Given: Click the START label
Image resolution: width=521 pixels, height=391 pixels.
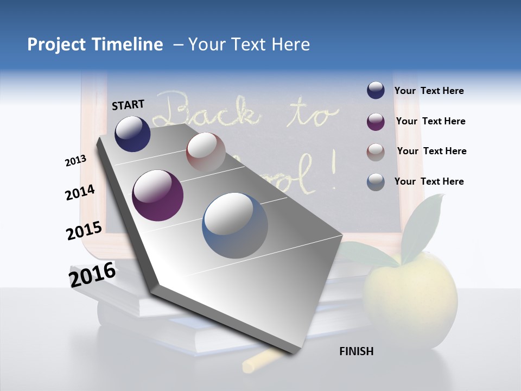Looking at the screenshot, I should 128,105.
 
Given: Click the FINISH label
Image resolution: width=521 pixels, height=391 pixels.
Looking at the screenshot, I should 356,351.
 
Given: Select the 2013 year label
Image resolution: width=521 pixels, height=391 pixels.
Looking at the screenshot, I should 75,160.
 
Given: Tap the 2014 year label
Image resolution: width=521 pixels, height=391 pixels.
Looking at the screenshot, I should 80,192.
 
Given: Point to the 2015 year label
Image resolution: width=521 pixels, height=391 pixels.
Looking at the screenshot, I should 84,231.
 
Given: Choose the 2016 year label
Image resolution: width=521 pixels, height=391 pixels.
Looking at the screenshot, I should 92,274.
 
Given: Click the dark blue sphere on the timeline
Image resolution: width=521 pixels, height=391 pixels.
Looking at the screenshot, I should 132,134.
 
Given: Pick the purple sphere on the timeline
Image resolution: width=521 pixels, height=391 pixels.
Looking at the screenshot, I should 157,195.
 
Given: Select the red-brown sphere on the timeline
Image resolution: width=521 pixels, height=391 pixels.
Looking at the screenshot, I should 206,152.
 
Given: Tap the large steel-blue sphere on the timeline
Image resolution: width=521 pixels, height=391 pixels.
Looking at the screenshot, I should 235,225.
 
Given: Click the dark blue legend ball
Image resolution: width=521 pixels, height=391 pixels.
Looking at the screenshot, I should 376,91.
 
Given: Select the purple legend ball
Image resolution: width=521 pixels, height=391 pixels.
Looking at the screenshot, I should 376,122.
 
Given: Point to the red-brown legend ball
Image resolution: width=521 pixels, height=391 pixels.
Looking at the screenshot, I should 376,152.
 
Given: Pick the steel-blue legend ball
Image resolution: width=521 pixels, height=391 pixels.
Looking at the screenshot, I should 376,182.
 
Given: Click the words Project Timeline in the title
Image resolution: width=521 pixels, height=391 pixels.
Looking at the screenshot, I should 95,45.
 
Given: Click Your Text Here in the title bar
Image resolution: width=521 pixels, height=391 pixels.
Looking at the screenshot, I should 249,45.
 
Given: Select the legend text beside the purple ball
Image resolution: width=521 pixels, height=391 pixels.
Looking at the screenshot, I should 430,121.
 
